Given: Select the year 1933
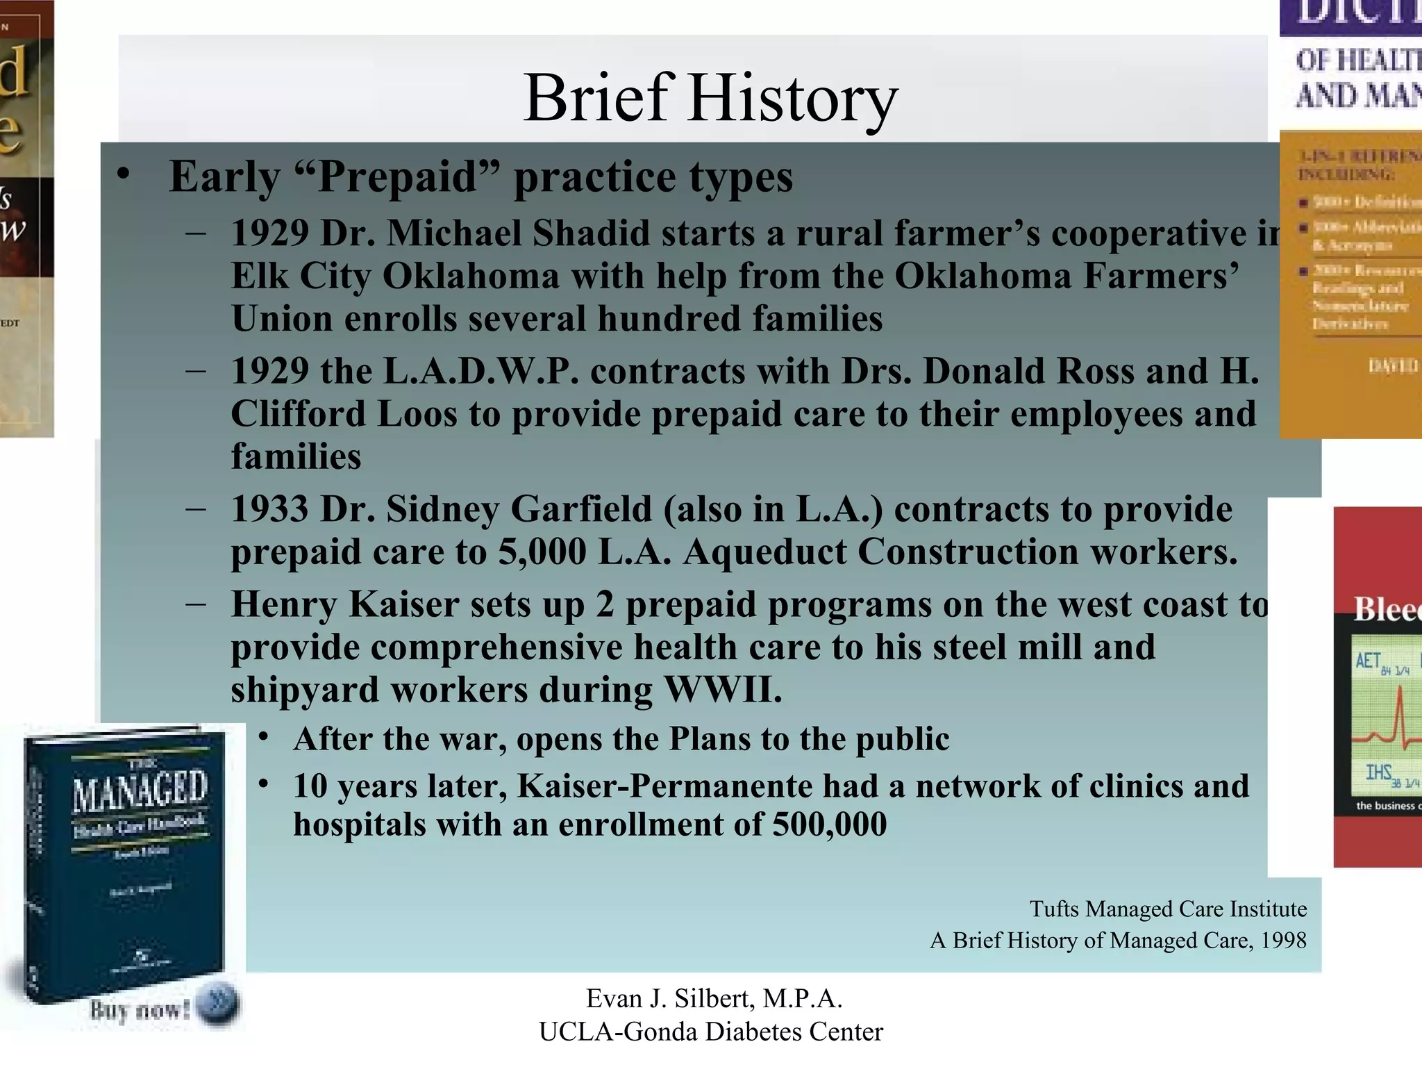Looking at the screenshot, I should coord(269,508).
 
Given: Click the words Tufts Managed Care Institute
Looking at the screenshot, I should coord(1168,909).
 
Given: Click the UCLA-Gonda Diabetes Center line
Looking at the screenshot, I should coord(710,1032).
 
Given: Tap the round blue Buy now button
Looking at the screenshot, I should coord(217,1005).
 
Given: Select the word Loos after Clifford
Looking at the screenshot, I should coord(417,414).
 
